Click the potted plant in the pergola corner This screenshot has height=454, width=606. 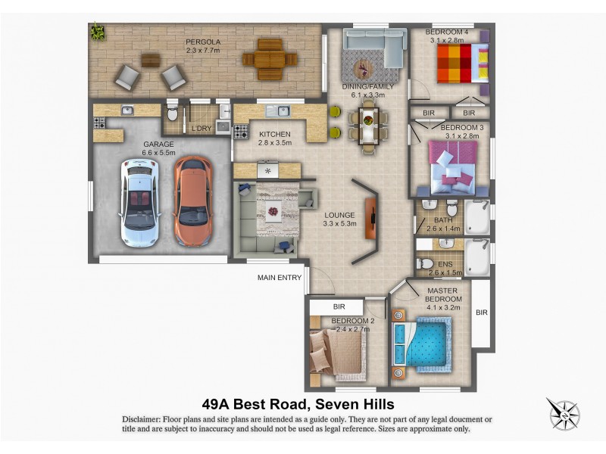(x=98, y=32)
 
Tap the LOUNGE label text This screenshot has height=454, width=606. (x=339, y=215)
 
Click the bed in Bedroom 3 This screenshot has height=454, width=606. (x=451, y=166)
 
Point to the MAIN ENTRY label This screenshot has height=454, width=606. (x=280, y=278)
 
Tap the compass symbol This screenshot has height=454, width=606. (x=563, y=414)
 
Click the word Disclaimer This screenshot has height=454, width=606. (x=145, y=419)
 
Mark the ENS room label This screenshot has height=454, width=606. (x=445, y=264)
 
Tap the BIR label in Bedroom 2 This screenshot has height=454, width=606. (x=339, y=306)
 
